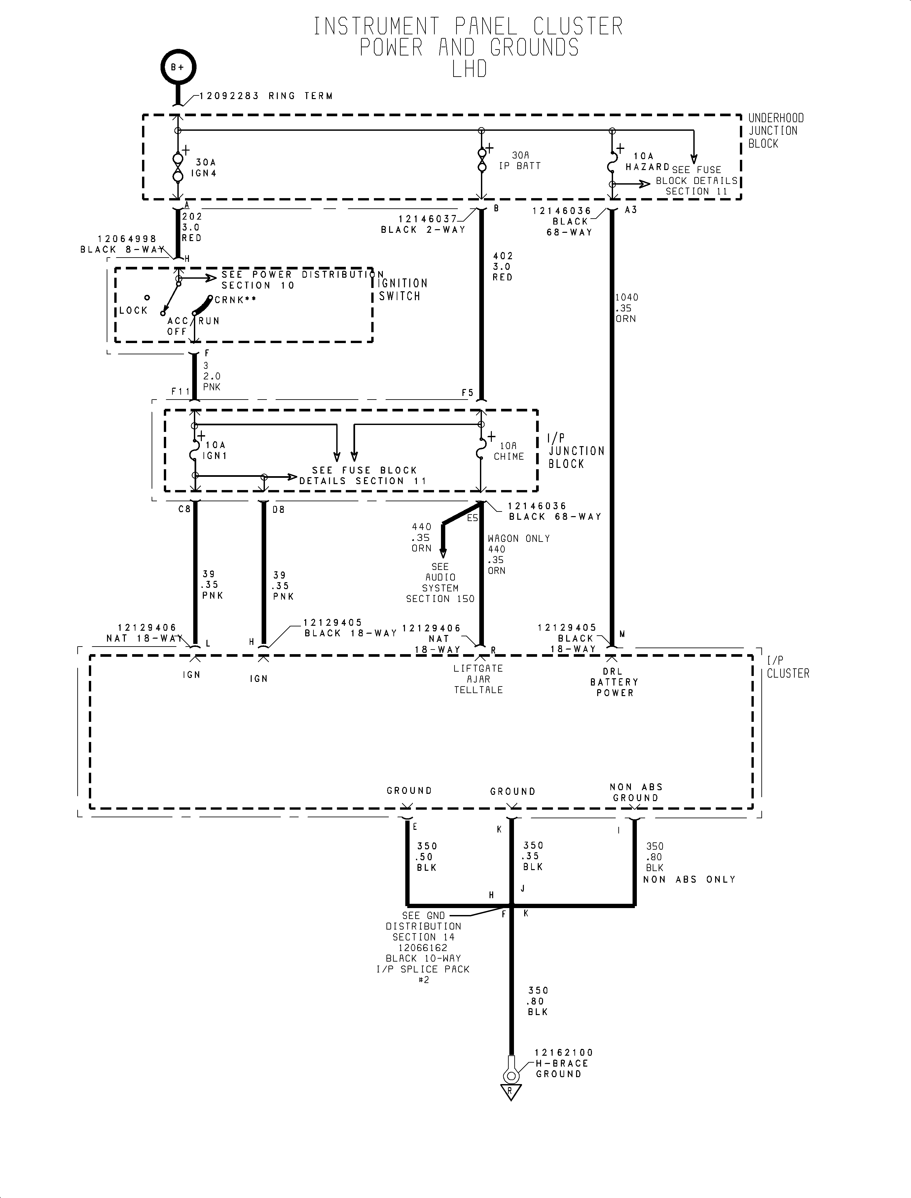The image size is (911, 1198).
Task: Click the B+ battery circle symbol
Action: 177,68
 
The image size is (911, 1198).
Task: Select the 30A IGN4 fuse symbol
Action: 178,168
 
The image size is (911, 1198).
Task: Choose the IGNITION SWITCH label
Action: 403,290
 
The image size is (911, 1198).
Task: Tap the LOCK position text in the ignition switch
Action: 133,310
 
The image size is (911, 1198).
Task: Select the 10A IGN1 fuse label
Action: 214,450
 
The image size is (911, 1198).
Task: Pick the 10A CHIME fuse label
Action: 509,451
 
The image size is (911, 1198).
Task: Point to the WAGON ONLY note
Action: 519,538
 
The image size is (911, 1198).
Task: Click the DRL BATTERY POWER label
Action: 614,682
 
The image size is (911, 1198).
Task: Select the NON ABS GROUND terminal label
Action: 636,793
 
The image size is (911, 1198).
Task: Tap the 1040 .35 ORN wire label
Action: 626,308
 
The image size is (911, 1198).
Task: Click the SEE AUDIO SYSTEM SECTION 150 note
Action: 440,583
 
